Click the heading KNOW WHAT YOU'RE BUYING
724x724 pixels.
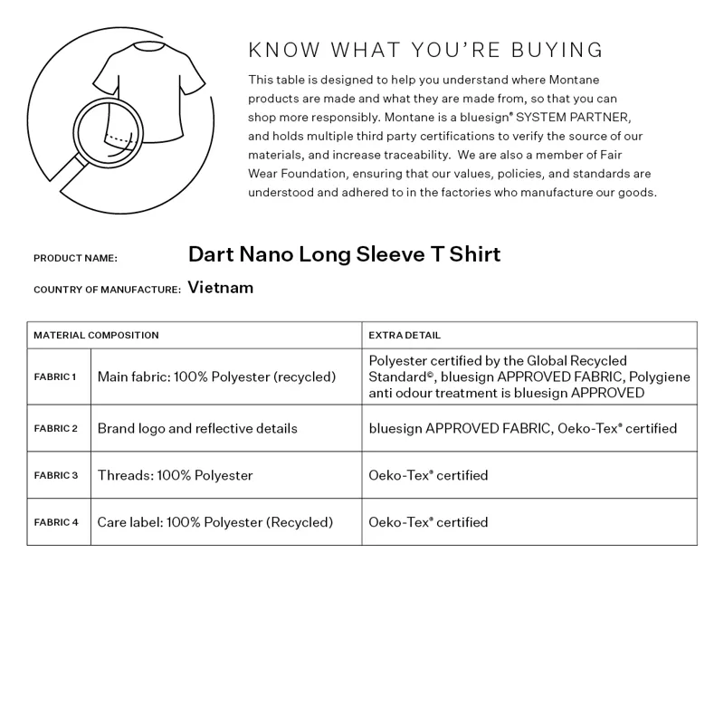click(425, 50)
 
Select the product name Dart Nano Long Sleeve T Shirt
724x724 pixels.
click(344, 254)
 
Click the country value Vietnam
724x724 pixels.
click(221, 288)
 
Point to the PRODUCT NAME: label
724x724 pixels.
click(75, 258)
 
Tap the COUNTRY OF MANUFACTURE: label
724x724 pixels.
click(107, 290)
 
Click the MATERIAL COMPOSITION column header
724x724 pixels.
click(96, 335)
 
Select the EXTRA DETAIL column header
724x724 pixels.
click(405, 335)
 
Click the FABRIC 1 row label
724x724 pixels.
click(56, 376)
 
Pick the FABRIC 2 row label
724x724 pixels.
click(56, 428)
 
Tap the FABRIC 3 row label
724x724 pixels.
click(56, 475)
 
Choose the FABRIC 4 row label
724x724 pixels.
click(56, 522)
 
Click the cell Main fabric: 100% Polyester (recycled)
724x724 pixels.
click(216, 376)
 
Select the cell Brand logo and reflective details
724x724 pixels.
click(197, 428)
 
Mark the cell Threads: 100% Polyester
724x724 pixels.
click(175, 475)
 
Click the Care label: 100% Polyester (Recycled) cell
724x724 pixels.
click(215, 522)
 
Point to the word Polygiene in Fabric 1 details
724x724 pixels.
click(660, 376)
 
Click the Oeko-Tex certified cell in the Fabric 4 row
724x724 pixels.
click(428, 522)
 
